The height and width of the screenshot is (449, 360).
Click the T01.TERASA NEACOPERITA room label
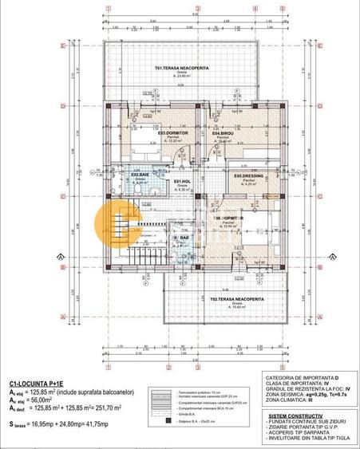[182, 69]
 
